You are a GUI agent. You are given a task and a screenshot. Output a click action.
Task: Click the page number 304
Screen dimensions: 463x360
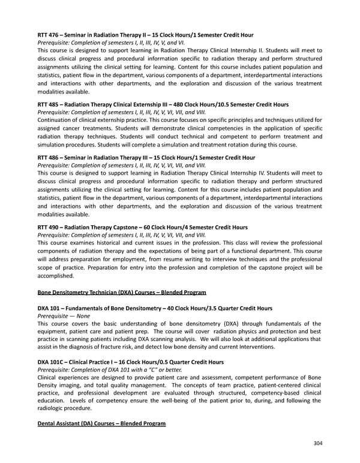pyautogui.click(x=317, y=444)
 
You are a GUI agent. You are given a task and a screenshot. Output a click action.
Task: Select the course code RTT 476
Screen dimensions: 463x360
pyautogui.click(x=49, y=35)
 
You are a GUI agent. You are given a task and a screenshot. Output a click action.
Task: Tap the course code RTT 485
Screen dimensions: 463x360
pyautogui.click(x=49, y=104)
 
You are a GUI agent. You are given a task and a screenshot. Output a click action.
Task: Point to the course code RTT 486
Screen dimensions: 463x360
pyautogui.click(x=49, y=158)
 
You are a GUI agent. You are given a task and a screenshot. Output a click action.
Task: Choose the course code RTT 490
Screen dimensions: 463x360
pyautogui.click(x=49, y=228)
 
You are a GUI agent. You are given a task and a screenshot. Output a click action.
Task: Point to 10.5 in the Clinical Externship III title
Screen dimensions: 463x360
pyautogui.click(x=235, y=104)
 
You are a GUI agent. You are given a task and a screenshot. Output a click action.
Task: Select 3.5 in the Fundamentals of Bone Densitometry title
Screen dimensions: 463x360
pyautogui.click(x=220, y=308)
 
